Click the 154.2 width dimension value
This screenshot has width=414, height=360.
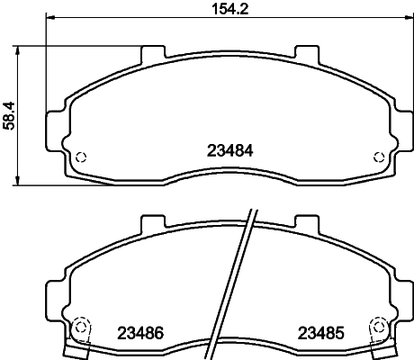tap(230, 9)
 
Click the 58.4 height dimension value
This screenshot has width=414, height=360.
tap(9, 116)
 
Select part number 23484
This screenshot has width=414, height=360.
tap(230, 150)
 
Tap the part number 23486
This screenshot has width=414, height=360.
tap(140, 333)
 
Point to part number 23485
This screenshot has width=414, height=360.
tap(320, 333)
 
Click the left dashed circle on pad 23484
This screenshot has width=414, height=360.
tap(81, 157)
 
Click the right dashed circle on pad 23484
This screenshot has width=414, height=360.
tap(379, 157)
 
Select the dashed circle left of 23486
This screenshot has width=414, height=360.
tap(80, 327)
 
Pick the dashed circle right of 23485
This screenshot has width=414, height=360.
tap(379, 327)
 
